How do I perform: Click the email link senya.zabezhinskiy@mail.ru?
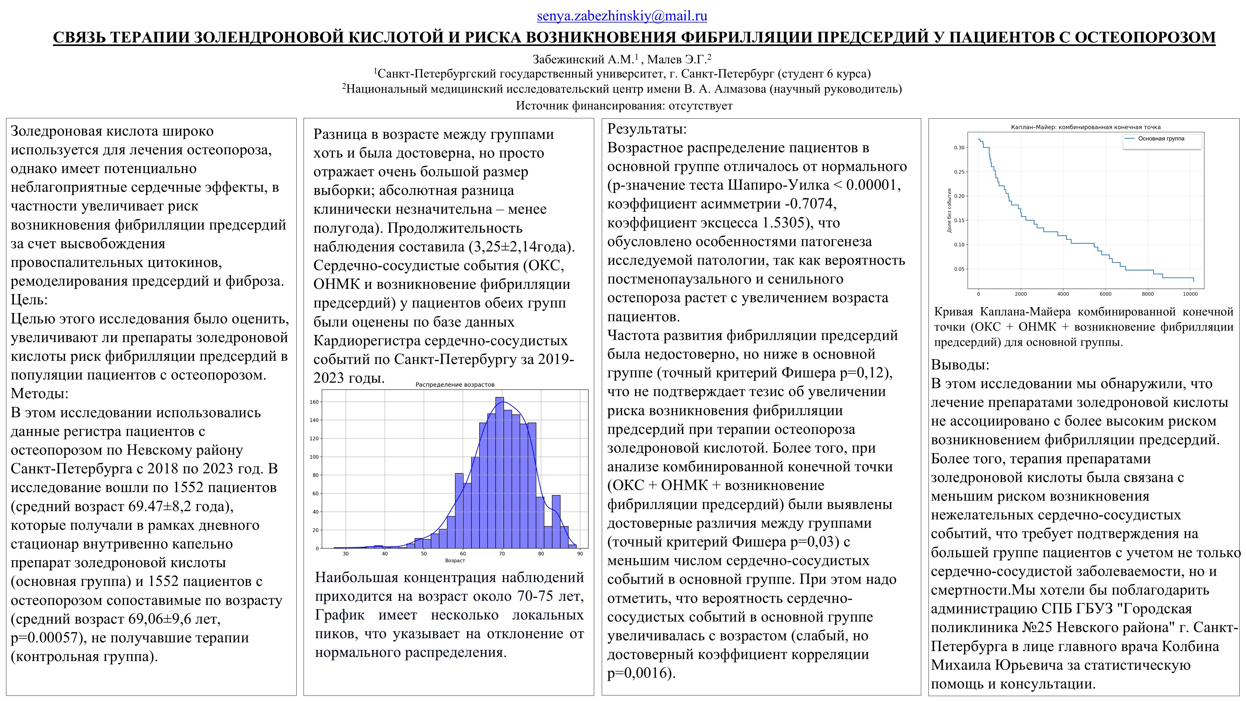(x=622, y=16)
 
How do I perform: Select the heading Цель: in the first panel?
(x=29, y=300)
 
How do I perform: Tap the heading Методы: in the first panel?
(x=40, y=394)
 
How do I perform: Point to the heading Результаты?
(x=647, y=129)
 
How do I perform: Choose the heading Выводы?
(x=960, y=365)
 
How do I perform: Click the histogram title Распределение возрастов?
(x=455, y=385)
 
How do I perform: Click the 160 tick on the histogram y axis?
(x=314, y=402)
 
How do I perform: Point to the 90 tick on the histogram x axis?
(x=580, y=554)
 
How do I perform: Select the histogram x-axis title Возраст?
(x=455, y=561)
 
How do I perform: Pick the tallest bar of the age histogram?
(x=500, y=473)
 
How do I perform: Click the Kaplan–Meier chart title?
(x=1085, y=127)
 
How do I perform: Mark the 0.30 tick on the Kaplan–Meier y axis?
(x=959, y=147)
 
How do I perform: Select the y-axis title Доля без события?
(x=949, y=211)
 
